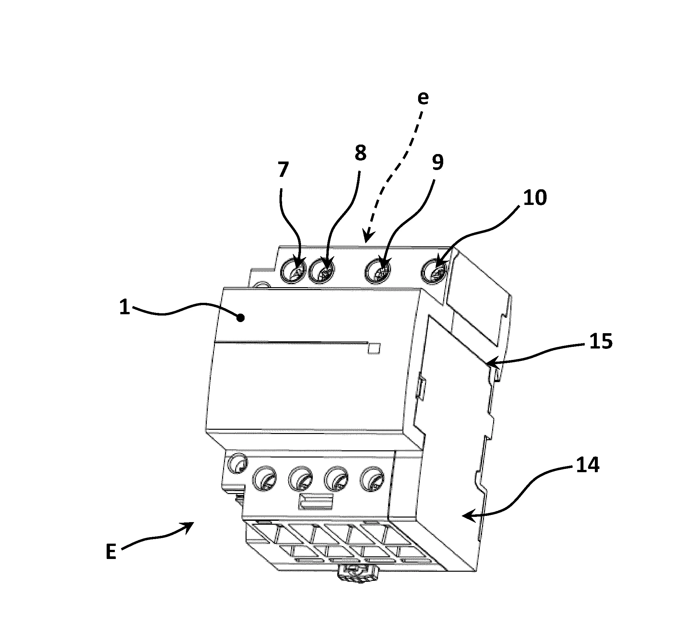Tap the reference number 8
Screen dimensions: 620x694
click(x=360, y=153)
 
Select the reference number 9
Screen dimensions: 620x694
click(x=438, y=162)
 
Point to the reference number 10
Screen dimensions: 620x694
click(x=535, y=197)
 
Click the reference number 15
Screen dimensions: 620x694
click(x=601, y=341)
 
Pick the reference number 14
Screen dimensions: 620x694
click(x=587, y=465)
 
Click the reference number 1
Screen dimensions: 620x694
click(x=125, y=308)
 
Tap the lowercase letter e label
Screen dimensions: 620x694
click(x=423, y=98)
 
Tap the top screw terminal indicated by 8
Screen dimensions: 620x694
click(x=322, y=271)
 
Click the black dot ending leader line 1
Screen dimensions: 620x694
click(x=240, y=318)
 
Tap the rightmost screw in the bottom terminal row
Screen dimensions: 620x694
click(x=372, y=479)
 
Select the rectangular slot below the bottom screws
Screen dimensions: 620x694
click(x=316, y=502)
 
